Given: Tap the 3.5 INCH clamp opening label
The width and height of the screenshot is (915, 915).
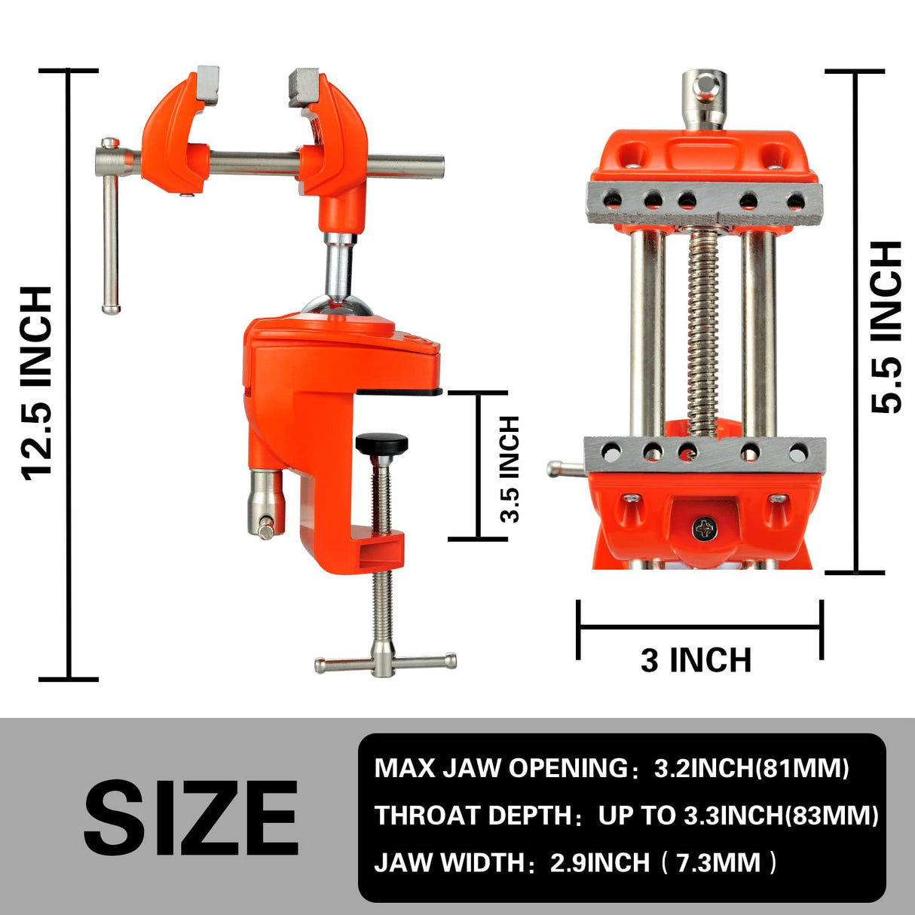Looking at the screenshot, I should (x=510, y=468).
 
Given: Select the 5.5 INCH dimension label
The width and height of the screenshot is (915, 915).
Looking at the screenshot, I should (x=886, y=327).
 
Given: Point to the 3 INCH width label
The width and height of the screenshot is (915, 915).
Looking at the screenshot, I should (x=696, y=660).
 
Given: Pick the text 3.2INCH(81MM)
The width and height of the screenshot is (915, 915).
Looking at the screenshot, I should (x=751, y=768).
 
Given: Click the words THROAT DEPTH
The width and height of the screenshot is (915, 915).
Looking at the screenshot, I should (x=473, y=816).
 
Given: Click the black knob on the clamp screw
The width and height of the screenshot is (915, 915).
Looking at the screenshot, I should (x=382, y=443).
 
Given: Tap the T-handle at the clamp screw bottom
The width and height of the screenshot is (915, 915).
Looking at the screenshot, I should (x=385, y=663).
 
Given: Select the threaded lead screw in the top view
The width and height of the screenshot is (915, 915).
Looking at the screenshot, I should (x=703, y=332).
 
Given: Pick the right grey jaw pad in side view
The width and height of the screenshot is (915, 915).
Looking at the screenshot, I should (x=304, y=87).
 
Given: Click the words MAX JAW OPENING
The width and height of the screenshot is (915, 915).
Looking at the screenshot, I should (x=500, y=768).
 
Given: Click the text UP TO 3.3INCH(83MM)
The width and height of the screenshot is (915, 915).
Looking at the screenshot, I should (x=738, y=816).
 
